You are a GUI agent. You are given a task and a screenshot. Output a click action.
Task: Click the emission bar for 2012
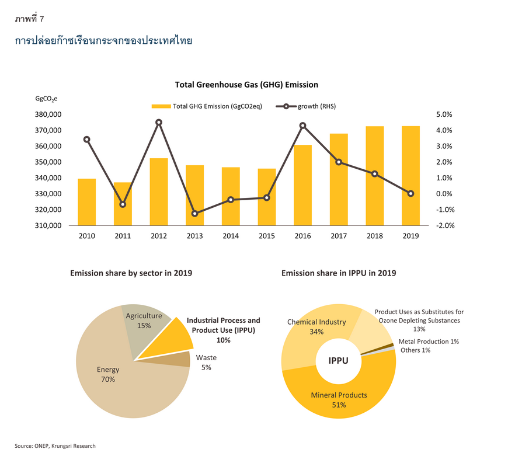159,192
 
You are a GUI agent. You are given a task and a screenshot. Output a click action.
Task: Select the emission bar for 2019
411,176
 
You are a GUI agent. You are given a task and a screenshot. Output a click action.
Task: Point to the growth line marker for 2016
302,126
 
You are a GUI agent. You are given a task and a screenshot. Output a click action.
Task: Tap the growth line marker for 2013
194,214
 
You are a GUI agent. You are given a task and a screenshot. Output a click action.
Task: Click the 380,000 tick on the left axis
48,114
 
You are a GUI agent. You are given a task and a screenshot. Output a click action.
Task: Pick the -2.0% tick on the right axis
445,225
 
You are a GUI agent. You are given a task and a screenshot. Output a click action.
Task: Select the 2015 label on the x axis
267,236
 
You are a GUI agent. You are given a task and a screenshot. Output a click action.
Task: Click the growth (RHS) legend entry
306,106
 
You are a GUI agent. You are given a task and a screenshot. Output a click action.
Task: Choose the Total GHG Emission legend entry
207,106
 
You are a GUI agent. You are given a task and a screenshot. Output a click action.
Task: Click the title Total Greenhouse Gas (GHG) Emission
246,85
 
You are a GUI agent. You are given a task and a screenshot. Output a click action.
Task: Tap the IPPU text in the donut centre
338,360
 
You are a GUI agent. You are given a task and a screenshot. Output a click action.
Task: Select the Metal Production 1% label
429,342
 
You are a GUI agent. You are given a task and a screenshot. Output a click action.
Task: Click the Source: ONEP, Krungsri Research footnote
55,445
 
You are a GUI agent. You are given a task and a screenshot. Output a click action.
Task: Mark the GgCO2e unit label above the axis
46,99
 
